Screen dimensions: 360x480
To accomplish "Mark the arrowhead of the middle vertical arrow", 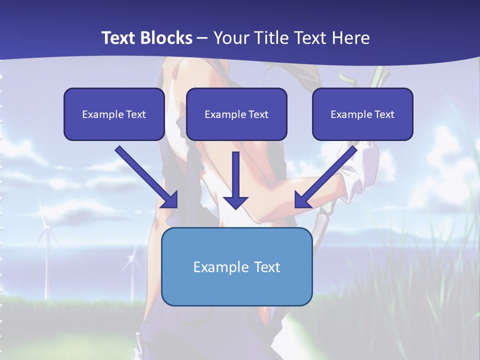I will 235,202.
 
